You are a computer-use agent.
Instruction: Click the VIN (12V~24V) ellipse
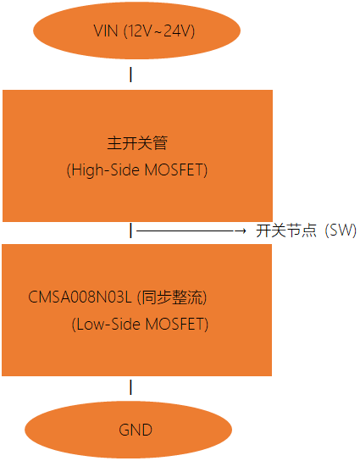point(136,31)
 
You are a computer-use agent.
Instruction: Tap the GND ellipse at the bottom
point(129,430)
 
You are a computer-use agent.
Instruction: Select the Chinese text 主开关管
point(137,143)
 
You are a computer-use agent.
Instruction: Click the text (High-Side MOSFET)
point(137,170)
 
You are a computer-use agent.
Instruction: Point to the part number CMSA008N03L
point(80,297)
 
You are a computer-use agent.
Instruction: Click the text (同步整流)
point(172,297)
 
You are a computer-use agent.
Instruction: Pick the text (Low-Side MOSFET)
point(140,325)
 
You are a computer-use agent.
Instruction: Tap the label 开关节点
point(286,230)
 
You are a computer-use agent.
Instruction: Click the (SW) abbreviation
point(341,230)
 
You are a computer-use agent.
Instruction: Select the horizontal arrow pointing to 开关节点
point(191,231)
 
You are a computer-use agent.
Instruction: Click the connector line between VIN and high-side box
point(130,75)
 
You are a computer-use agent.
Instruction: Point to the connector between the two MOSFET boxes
point(130,230)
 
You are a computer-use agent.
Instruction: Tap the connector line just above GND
point(130,387)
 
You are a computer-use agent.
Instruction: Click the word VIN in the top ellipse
point(106,31)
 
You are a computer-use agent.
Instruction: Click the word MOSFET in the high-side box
point(174,170)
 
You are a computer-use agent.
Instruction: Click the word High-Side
point(106,170)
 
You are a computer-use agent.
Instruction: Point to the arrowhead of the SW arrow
point(243,231)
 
